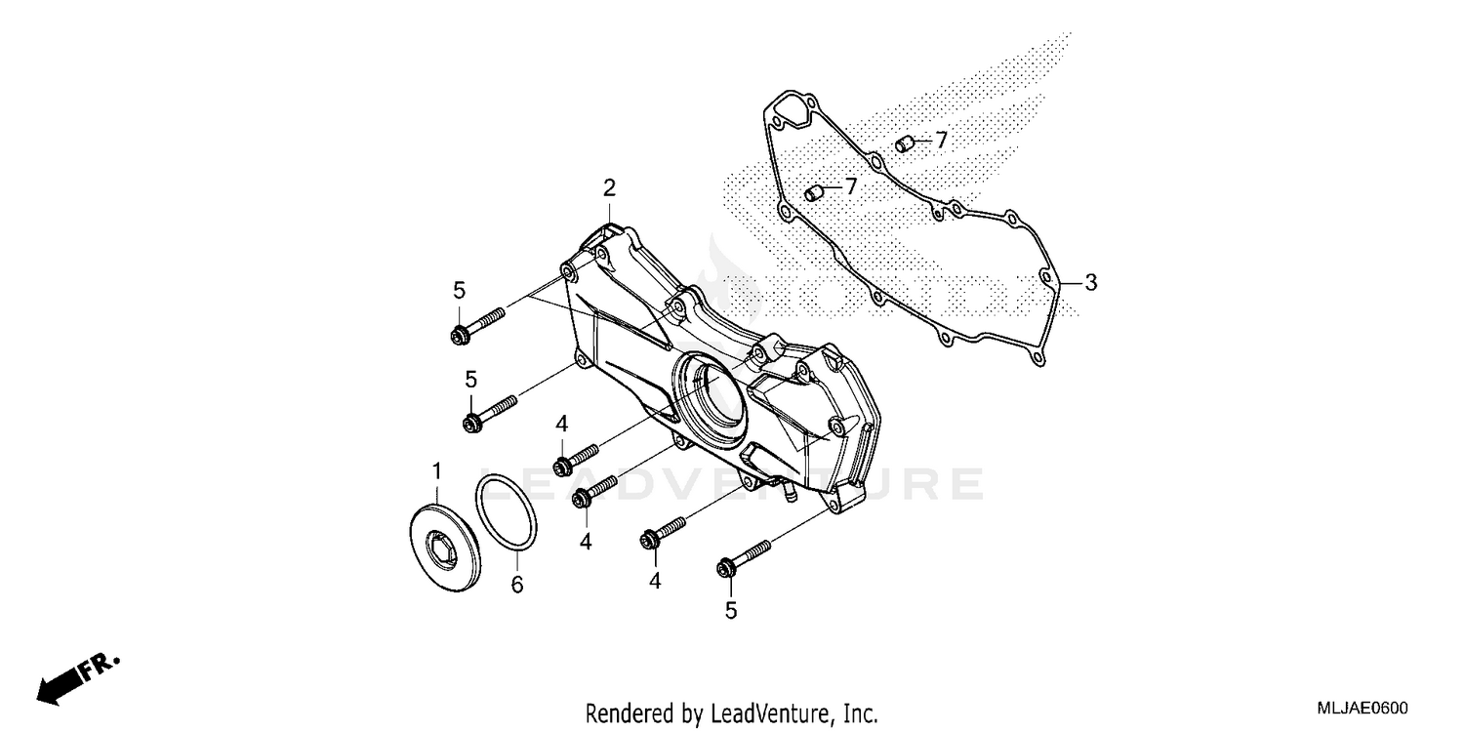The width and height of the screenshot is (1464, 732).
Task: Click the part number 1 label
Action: click(x=436, y=472)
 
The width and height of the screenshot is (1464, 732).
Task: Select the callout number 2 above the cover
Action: click(x=609, y=187)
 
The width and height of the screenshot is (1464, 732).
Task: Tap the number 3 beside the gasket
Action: click(x=1091, y=283)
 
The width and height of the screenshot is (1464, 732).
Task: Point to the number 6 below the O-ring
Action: click(x=517, y=585)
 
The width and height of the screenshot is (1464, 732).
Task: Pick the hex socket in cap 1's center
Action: click(x=441, y=544)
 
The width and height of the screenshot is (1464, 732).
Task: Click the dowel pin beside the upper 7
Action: click(x=904, y=144)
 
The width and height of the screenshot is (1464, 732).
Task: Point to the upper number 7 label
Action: click(x=941, y=141)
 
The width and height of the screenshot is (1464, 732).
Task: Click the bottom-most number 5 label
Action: click(x=731, y=611)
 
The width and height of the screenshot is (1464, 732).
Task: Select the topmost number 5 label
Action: click(x=459, y=290)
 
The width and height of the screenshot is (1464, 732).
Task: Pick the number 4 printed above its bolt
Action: click(x=562, y=424)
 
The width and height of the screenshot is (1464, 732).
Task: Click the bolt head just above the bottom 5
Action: click(x=726, y=567)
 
